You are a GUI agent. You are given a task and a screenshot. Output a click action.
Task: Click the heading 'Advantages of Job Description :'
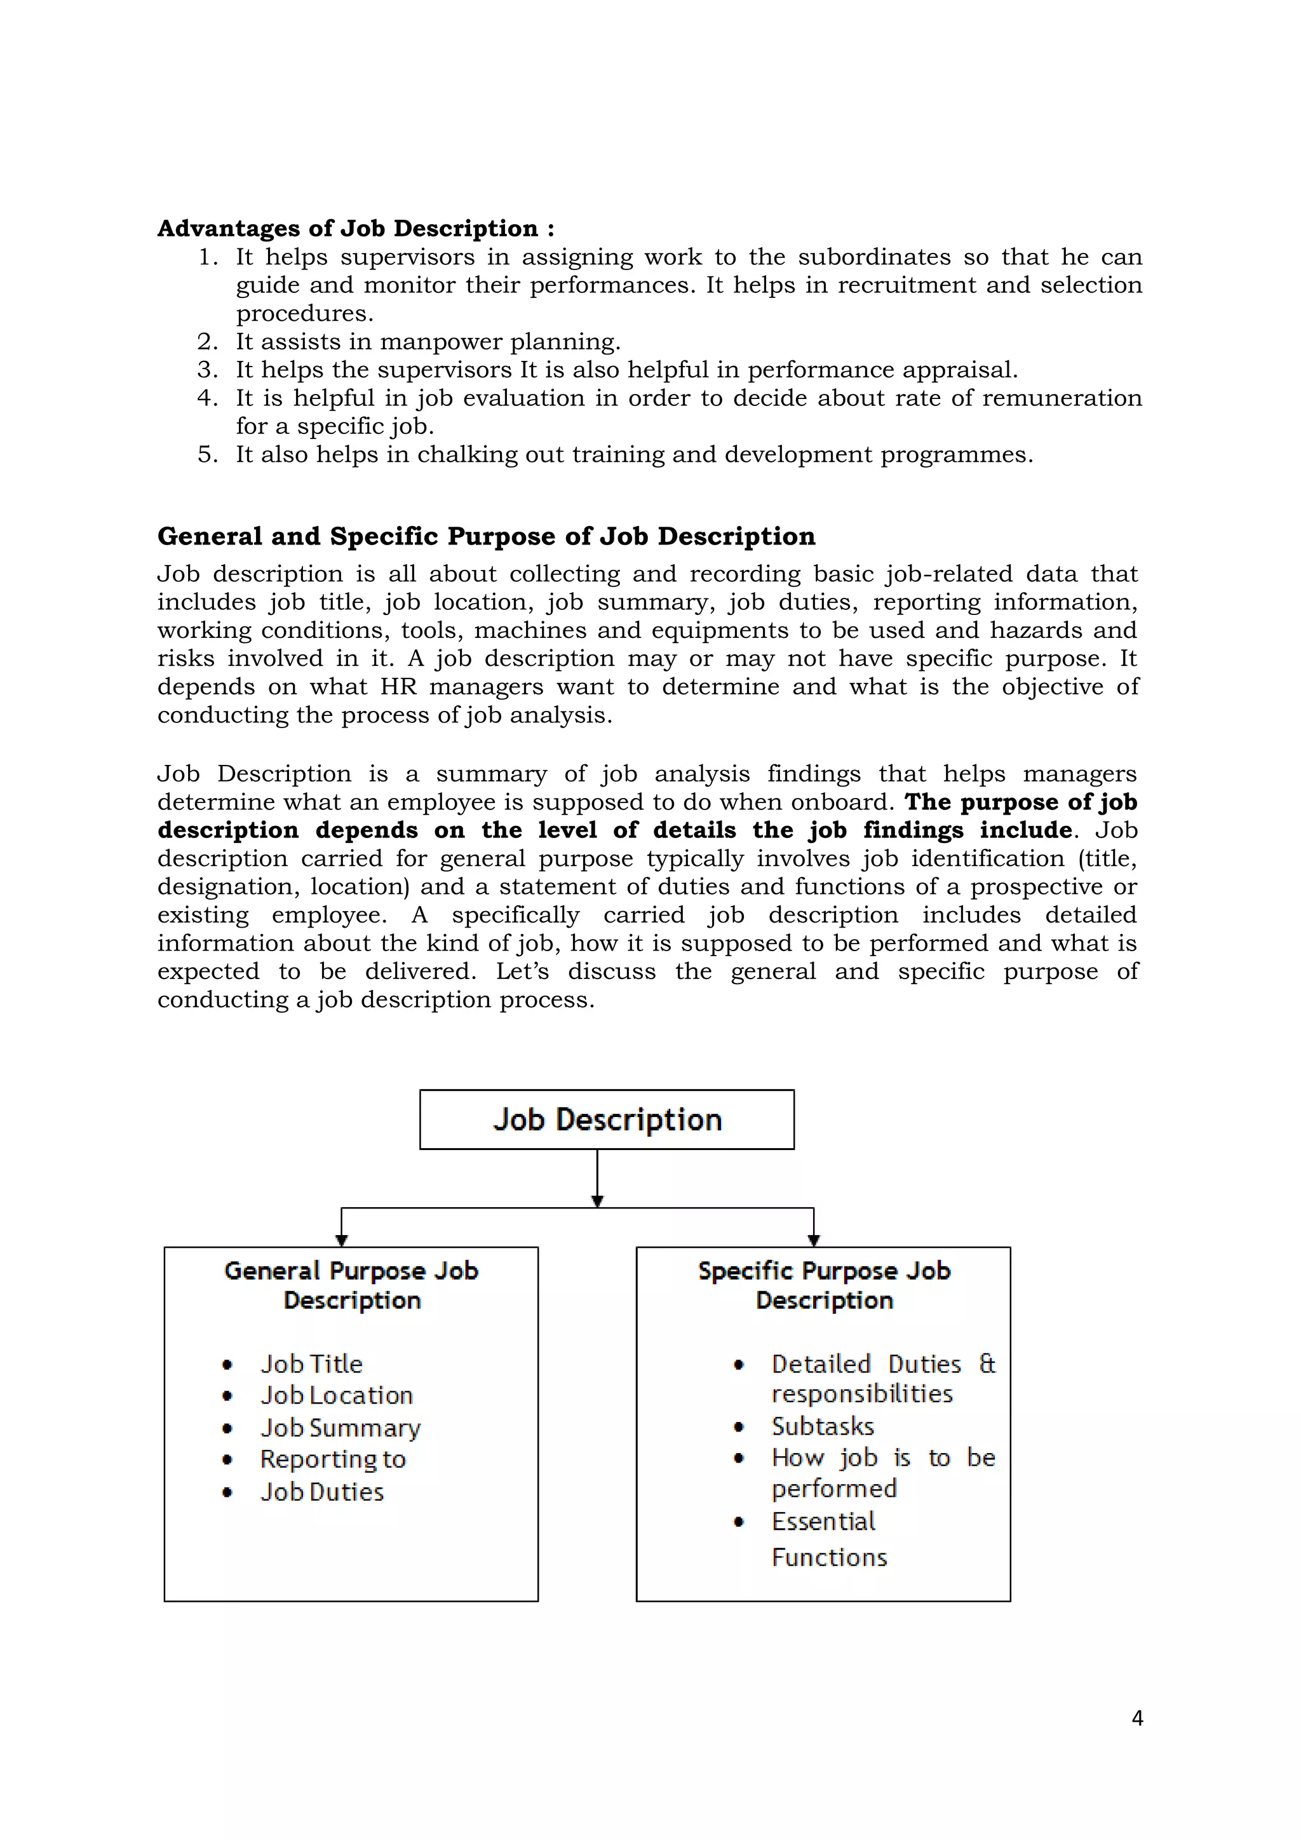click(x=356, y=228)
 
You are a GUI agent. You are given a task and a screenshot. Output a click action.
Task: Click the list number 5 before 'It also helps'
click(x=206, y=454)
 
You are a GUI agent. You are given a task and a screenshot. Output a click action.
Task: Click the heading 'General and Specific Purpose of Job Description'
click(x=485, y=536)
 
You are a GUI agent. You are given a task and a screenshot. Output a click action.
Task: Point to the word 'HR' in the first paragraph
click(x=398, y=687)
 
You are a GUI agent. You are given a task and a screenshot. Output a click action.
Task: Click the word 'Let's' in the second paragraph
click(x=522, y=971)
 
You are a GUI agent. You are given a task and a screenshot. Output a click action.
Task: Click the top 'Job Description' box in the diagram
click(x=607, y=1119)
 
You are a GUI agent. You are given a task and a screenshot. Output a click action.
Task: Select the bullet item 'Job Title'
click(x=312, y=1364)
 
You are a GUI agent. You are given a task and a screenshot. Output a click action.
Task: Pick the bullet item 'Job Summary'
click(x=340, y=1428)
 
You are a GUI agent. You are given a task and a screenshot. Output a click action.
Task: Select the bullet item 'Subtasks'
click(x=823, y=1426)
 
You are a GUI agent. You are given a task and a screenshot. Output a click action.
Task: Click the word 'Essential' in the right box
click(x=823, y=1521)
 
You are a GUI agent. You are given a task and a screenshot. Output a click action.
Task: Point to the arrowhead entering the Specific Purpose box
click(x=814, y=1241)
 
